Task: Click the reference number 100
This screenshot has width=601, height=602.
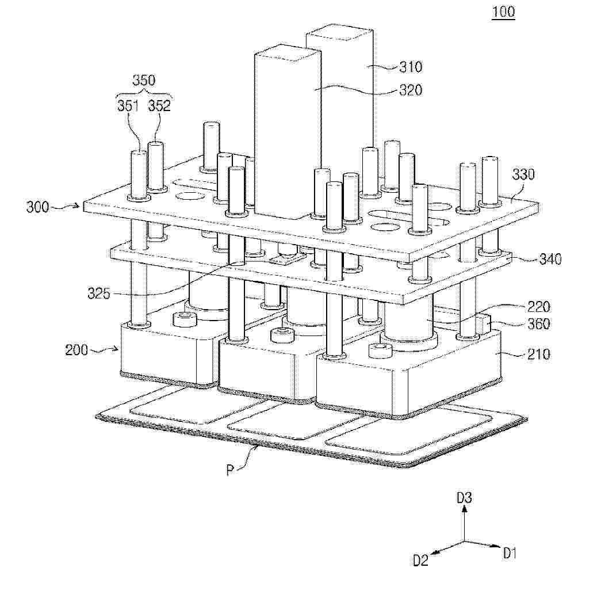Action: (x=503, y=12)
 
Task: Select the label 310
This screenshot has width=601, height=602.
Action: (x=411, y=67)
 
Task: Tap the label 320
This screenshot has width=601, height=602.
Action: (x=411, y=90)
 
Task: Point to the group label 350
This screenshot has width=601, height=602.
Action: (x=144, y=80)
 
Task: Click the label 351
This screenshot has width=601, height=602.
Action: (x=128, y=105)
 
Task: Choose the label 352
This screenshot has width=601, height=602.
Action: (x=159, y=105)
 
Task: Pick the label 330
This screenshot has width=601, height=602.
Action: (x=523, y=175)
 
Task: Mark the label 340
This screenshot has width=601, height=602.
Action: (x=550, y=259)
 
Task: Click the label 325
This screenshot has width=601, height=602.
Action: (x=98, y=294)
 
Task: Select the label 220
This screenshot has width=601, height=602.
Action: (x=538, y=307)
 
